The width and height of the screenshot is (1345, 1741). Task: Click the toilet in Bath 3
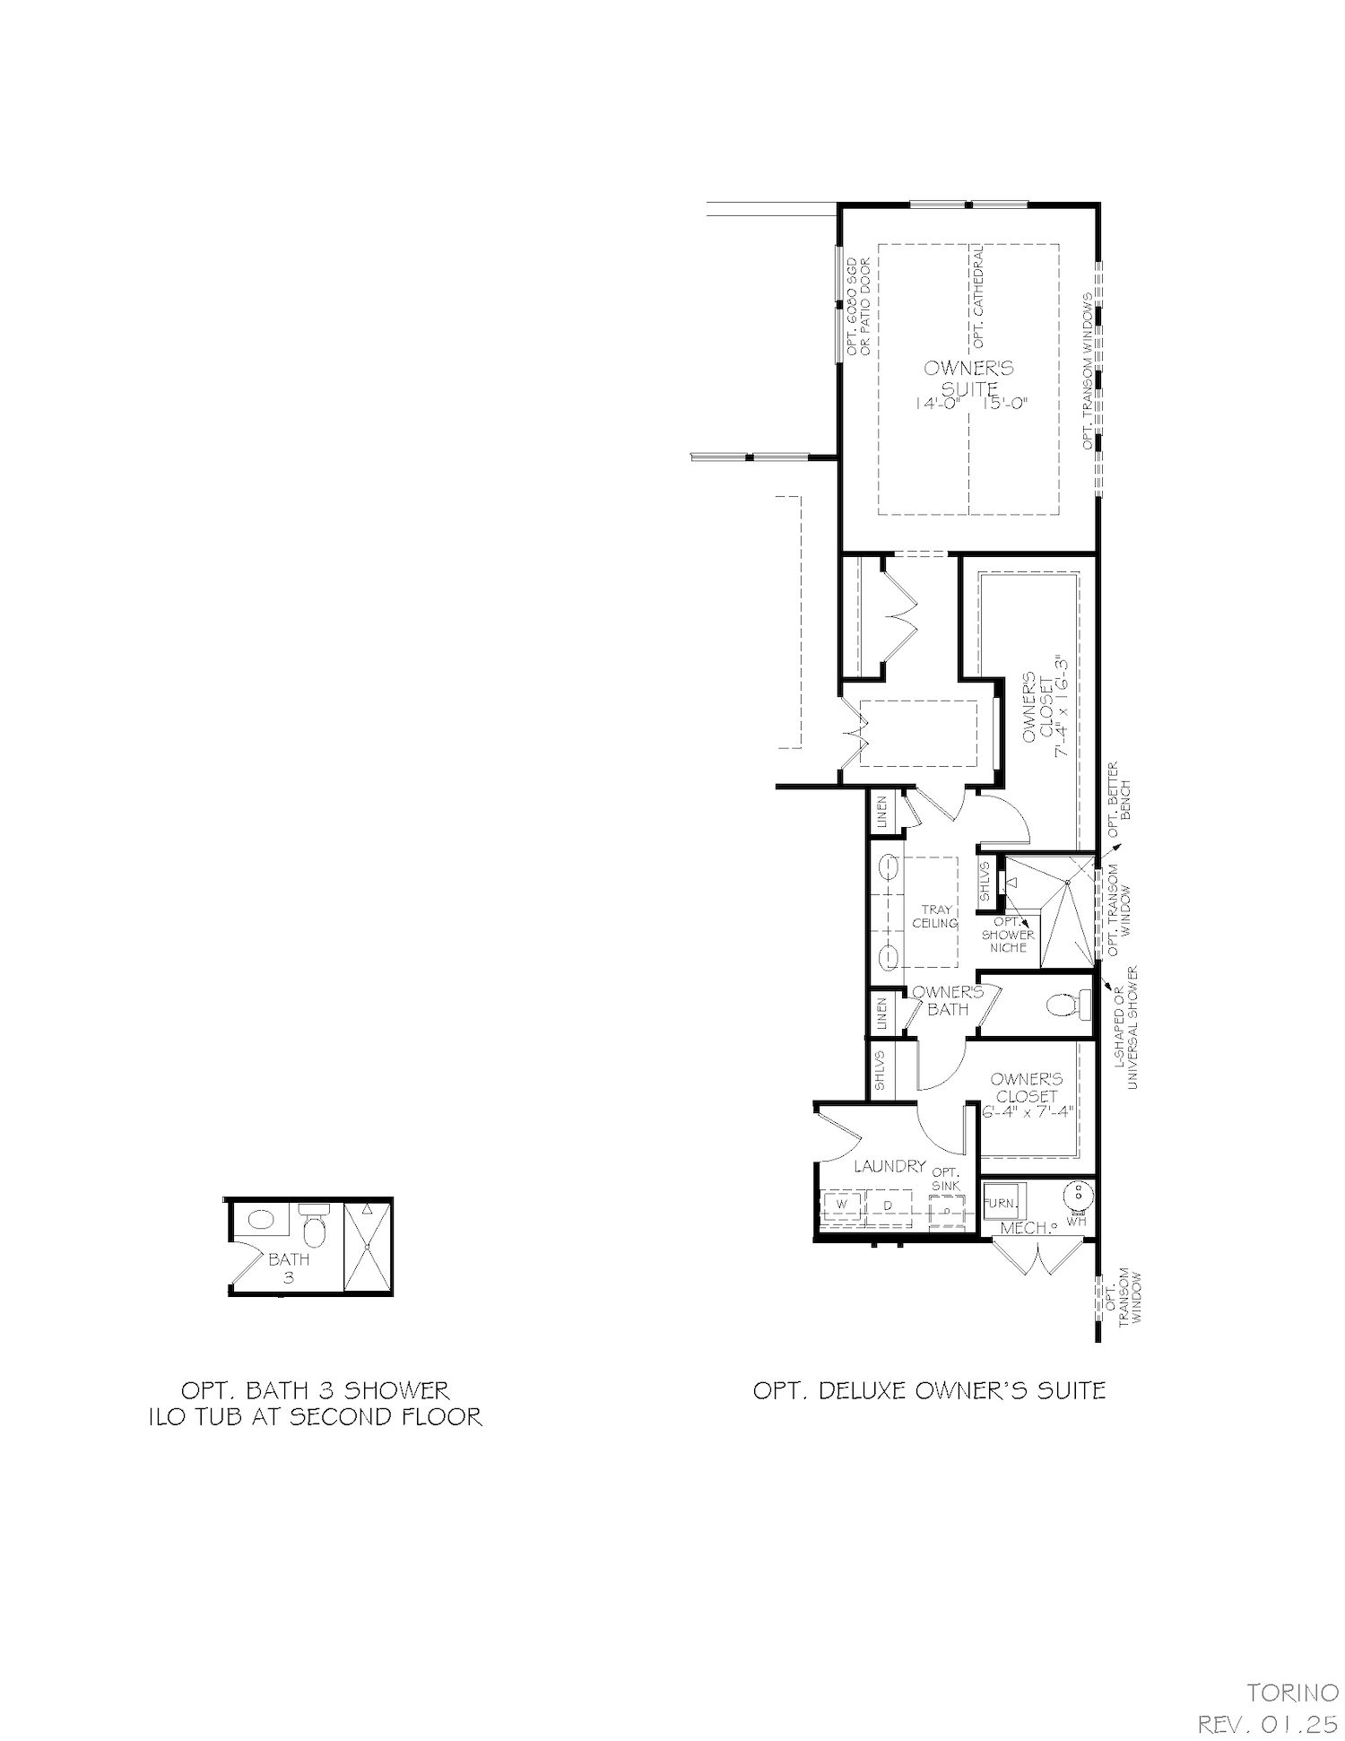point(313,1225)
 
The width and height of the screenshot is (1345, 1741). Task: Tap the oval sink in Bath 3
point(261,1220)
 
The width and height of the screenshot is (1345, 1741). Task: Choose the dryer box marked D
point(888,1206)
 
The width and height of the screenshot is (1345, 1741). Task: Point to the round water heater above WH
point(1077,1195)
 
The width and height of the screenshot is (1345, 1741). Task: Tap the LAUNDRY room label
point(889,1166)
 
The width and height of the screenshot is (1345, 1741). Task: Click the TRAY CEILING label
point(934,917)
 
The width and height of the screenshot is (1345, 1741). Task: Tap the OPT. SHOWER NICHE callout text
point(1009,935)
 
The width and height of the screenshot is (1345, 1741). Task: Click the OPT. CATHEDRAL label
point(977,296)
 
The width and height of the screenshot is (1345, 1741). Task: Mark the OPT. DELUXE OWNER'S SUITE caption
point(929,1391)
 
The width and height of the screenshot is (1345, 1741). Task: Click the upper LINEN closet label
point(882,812)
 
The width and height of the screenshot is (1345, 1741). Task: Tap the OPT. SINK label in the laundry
point(946,1179)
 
